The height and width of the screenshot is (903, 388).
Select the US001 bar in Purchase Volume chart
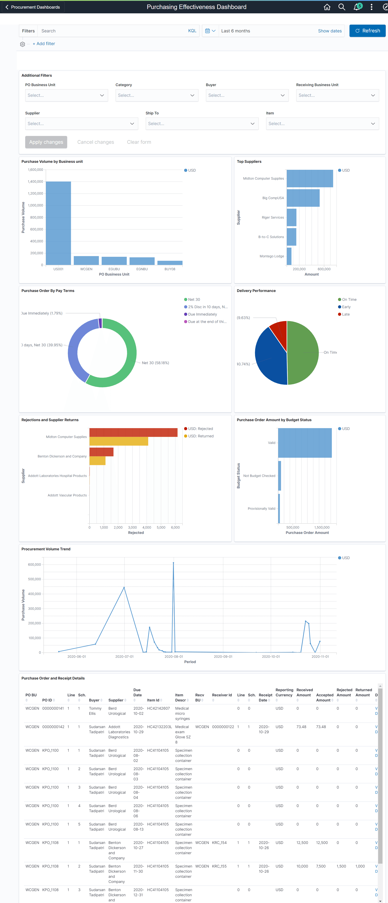58,223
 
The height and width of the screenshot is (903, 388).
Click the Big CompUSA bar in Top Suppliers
303,198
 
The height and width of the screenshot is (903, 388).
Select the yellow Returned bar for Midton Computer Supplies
119,441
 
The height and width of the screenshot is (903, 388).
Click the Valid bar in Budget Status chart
305,443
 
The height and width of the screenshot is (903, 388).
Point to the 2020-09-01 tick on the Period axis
223,657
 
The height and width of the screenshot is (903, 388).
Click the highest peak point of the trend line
173,563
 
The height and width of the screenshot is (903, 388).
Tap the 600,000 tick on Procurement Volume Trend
34,564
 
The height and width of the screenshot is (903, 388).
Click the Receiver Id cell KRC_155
219,866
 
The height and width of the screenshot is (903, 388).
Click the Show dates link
330,31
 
